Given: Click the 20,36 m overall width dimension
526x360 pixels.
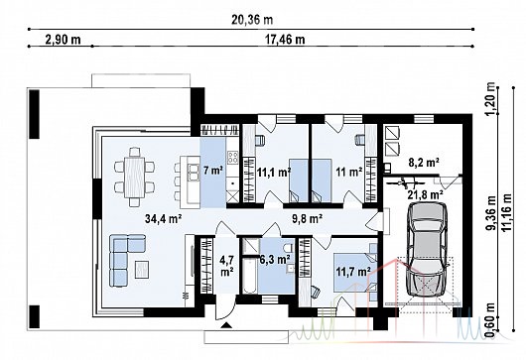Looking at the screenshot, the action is pos(252,20).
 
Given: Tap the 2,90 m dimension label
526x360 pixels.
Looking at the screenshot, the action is pos(63,40).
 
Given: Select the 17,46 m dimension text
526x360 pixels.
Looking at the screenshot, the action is pos(285,40).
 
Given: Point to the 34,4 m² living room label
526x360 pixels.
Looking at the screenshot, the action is pos(164,219).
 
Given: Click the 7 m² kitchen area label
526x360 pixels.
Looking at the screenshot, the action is pos(213,171).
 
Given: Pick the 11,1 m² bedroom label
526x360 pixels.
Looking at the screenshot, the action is pos(274,173).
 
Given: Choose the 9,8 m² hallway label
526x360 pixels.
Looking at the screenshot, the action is pos(308,219).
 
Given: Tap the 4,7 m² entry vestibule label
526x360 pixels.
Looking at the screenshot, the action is pos(227,266).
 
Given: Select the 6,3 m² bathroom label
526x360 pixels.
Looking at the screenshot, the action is pos(275,259).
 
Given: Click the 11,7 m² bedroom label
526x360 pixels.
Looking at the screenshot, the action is pos(353,271).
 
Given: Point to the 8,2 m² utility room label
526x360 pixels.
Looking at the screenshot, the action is pos(424,163).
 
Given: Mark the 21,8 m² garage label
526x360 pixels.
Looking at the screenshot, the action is pos(426,193).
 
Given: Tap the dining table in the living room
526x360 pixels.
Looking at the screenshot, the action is pos(135,177).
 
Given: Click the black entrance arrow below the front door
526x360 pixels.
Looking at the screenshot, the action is pos(226,324).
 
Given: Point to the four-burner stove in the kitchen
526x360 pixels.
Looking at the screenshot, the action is pos(233,158).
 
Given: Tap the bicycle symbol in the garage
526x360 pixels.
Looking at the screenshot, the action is pos(405,183).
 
